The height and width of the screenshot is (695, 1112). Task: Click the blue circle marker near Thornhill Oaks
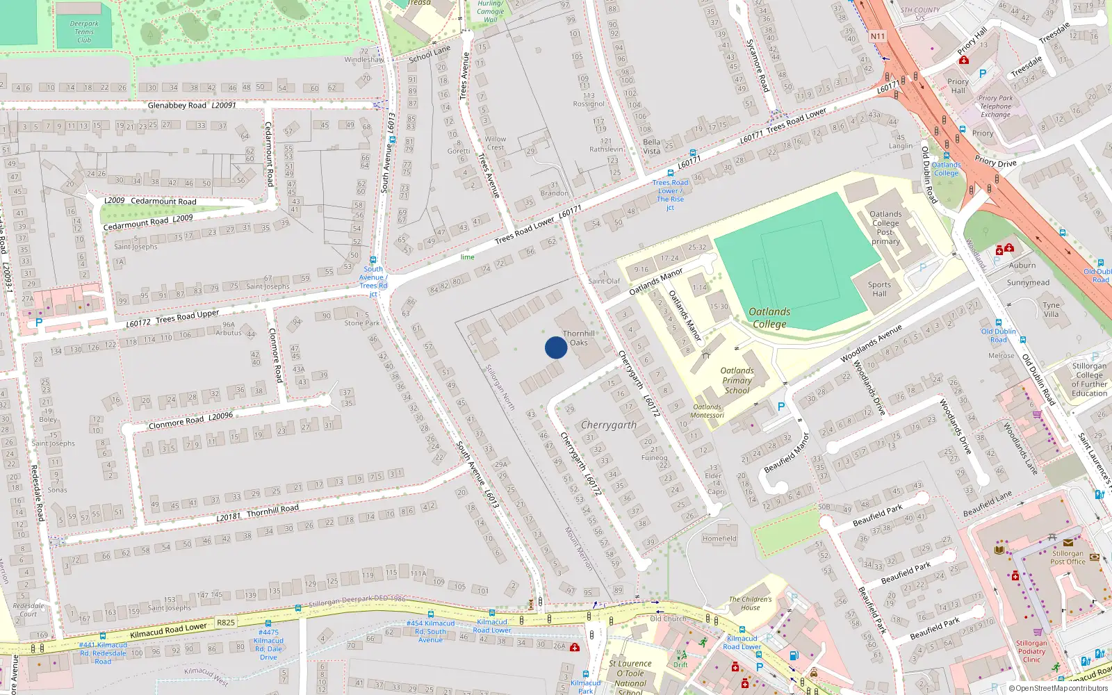(555, 347)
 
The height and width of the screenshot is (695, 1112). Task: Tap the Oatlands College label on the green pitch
(769, 318)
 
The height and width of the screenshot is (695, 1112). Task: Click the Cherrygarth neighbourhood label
(608, 425)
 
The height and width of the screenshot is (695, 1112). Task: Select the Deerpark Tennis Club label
(84, 32)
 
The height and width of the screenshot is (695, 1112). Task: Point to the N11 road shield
(878, 36)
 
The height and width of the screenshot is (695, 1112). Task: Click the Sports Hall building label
(879, 289)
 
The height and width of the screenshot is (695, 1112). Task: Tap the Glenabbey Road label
(177, 106)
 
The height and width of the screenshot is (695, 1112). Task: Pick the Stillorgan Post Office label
(1068, 557)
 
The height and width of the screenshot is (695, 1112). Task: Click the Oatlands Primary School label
(737, 380)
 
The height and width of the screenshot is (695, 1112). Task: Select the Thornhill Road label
(272, 510)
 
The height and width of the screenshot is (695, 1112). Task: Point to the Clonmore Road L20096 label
(190, 421)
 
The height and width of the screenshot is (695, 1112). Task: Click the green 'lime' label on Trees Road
(467, 257)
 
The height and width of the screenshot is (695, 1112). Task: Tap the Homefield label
(719, 539)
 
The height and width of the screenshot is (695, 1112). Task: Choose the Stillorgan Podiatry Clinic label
(1031, 651)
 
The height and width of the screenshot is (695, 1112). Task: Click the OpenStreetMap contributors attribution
(1058, 689)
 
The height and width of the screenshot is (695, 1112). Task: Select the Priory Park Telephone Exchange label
(996, 106)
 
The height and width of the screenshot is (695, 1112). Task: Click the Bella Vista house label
(651, 146)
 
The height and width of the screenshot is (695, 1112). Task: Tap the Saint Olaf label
(604, 281)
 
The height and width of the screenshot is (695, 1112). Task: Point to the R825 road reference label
(226, 622)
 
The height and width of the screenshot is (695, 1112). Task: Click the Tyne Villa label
(1051, 309)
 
